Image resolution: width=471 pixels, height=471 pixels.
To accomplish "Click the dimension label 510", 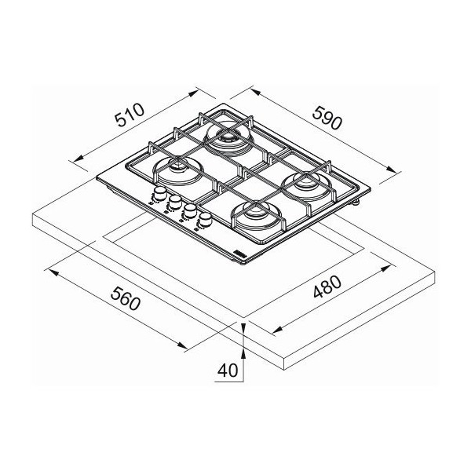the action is [x=130, y=115].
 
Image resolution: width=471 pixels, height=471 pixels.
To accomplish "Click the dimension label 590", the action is [x=327, y=118].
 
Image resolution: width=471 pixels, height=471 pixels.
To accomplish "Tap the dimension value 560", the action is [x=126, y=298].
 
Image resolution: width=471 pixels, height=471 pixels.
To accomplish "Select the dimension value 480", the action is [x=327, y=287].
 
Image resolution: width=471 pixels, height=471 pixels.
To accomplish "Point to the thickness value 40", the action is [x=228, y=370].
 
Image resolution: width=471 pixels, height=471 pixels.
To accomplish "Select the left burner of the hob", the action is [x=178, y=171].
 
